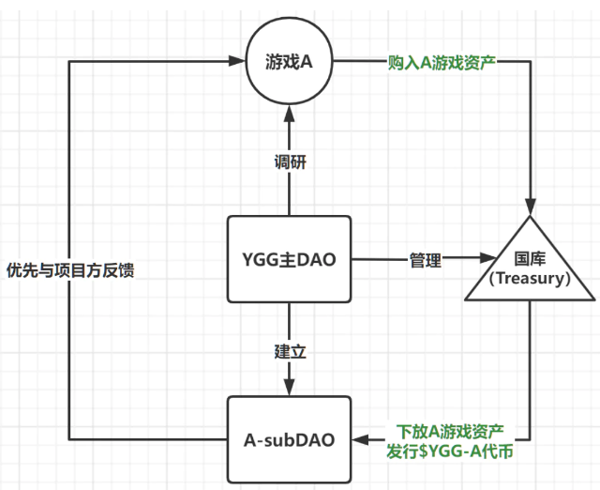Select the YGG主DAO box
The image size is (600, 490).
click(290, 259)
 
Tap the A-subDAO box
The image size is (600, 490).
click(290, 439)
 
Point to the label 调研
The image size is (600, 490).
click(291, 162)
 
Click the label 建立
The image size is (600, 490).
click(291, 352)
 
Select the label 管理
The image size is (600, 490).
click(426, 261)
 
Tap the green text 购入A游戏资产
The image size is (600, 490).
click(442, 63)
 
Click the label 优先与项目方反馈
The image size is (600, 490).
click(70, 270)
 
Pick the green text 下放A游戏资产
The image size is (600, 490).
click(450, 432)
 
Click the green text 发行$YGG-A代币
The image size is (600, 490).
click(450, 452)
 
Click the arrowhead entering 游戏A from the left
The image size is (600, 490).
click(236, 61)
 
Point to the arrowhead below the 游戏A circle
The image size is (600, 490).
click(289, 114)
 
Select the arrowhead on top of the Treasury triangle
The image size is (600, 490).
click(530, 207)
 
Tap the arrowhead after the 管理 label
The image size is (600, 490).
click(488, 257)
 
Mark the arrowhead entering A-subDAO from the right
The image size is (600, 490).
click(360, 439)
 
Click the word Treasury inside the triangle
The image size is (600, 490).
click(530, 278)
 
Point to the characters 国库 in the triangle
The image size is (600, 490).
click(530, 258)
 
